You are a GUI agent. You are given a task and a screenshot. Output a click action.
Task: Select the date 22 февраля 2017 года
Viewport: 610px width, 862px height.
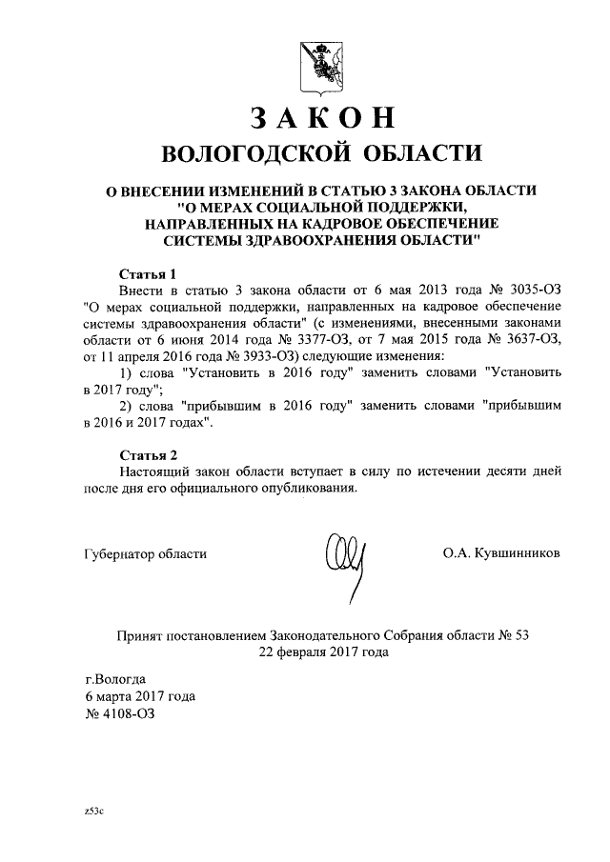321,652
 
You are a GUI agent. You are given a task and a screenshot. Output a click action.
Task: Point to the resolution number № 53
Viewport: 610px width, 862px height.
507,635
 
